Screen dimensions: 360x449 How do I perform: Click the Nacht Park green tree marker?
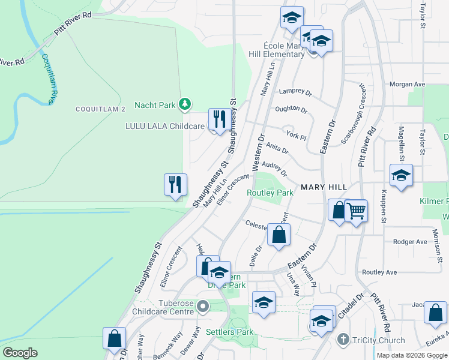186,105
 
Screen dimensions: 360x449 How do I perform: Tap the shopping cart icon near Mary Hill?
357,211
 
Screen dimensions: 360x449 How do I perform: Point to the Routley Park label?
270,193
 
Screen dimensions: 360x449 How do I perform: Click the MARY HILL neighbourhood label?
324,187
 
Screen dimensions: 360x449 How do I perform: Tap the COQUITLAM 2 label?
100,109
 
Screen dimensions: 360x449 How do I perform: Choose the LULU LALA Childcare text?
164,126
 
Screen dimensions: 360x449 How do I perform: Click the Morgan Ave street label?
407,85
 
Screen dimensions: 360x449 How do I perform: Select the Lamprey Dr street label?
296,92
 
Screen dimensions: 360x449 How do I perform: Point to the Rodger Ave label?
409,242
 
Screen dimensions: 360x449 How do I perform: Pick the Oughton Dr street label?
291,110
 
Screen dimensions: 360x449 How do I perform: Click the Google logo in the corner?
20,353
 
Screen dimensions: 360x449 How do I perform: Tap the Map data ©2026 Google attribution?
412,355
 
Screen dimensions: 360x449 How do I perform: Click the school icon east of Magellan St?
401,175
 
